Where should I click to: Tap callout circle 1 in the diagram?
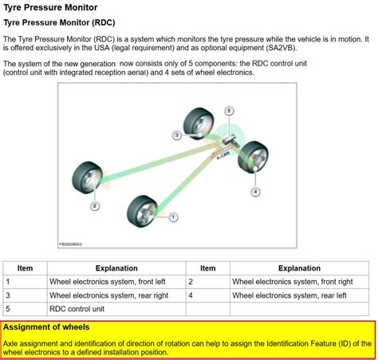173,216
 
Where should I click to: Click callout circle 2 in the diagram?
94,206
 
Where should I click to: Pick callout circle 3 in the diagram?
177,136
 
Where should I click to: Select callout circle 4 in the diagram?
255,192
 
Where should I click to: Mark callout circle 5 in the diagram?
228,111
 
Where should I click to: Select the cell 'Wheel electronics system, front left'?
106,282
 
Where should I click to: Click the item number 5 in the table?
8,308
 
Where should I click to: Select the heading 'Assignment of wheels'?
46,327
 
